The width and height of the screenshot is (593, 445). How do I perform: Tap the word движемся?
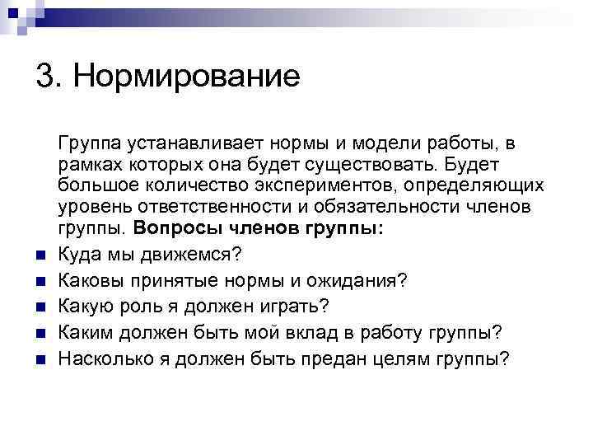[x=184, y=251]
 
